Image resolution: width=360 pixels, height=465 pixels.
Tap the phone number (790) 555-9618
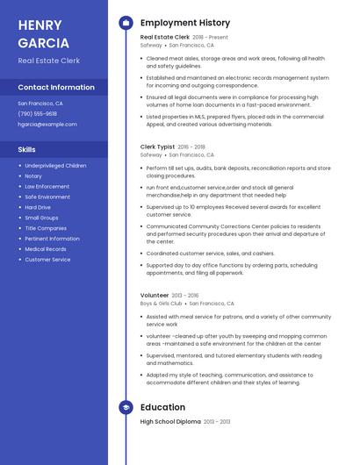pos(37,113)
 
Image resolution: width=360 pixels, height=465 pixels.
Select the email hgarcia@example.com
pos(47,124)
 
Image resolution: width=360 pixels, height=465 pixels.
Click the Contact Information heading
pos(56,88)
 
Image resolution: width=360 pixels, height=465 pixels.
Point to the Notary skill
pos(33,175)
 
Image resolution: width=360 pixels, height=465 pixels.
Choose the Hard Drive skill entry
pos(38,207)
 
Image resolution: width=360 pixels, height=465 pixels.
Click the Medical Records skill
pos(45,249)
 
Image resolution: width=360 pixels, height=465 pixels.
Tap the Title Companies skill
pos(46,228)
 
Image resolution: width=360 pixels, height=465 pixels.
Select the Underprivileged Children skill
pos(55,165)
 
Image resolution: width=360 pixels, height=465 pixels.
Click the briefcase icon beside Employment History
pos(126,23)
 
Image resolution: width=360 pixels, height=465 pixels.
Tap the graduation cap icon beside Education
pos(126,407)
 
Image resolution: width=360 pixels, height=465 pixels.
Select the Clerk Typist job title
pos(158,147)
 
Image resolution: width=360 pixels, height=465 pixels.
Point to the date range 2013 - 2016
pos(185,296)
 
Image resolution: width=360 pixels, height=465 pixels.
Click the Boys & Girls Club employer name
pos(161,303)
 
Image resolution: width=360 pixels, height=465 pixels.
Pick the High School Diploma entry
pos(170,422)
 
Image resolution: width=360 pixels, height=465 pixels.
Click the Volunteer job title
pos(155,296)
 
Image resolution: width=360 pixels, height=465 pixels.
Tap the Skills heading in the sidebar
pos(26,149)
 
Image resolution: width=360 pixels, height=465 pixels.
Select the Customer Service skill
pos(47,260)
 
